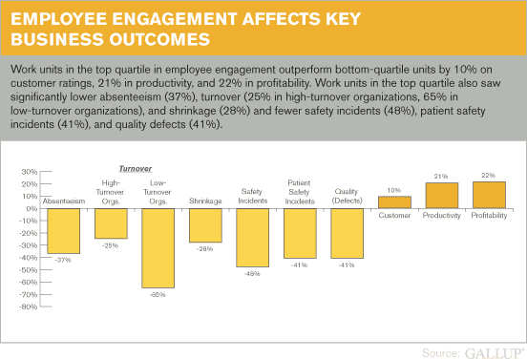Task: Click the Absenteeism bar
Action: point(64,231)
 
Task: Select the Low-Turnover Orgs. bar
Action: point(158,248)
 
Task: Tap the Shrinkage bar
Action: point(205,225)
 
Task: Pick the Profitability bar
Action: point(489,195)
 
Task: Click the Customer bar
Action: point(394,202)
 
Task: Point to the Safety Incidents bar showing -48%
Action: point(252,238)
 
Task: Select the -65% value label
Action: point(158,295)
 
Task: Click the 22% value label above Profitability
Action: point(489,176)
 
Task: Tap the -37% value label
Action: point(63,260)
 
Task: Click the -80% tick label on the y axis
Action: point(30,307)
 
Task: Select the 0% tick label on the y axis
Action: point(32,209)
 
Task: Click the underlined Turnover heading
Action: point(136,168)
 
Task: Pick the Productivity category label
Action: point(442,216)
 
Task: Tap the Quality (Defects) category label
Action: point(347,196)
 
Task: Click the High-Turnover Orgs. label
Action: point(110,192)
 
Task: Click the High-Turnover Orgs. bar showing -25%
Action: point(111,223)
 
